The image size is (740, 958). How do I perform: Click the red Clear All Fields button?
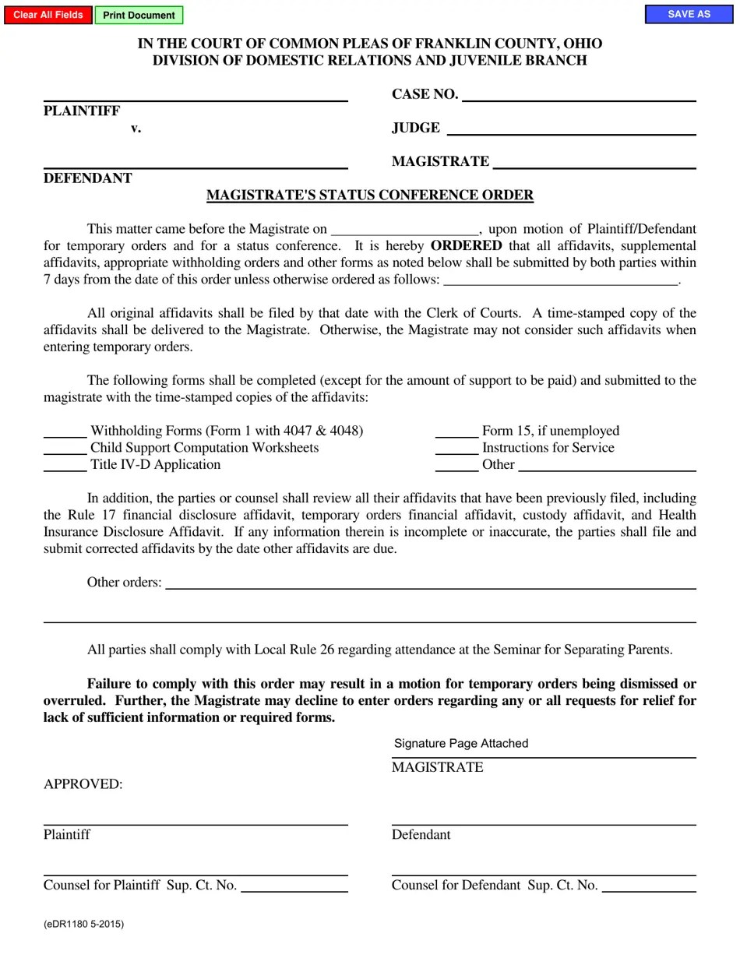tap(48, 15)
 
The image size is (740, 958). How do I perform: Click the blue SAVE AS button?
tap(689, 14)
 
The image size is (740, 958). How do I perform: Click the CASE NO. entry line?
tap(578, 94)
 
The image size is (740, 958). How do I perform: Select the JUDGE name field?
tap(571, 128)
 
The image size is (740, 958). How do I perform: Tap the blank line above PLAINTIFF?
tap(195, 94)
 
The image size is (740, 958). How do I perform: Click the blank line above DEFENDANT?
tap(195, 161)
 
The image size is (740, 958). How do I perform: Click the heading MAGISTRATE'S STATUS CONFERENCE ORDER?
tap(370, 195)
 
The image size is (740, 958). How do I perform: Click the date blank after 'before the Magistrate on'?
tap(404, 228)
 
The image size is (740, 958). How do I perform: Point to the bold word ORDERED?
tap(466, 245)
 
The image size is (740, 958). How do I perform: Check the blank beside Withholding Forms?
tap(65, 430)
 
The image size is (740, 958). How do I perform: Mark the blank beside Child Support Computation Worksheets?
tap(65, 447)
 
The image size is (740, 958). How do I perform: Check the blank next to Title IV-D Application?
tap(65, 464)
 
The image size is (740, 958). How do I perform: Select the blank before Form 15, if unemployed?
tap(456, 430)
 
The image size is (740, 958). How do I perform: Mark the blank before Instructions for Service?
tap(456, 447)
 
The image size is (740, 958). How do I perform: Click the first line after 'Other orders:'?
tap(430, 582)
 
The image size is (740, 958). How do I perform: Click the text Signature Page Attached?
tap(461, 743)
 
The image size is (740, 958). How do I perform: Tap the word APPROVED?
tap(83, 784)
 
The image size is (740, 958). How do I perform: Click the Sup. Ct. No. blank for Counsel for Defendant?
tap(649, 885)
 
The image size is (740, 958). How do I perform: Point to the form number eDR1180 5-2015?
tap(83, 925)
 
